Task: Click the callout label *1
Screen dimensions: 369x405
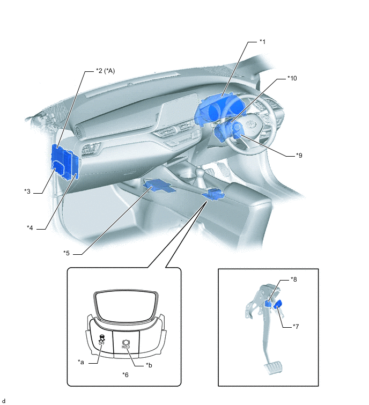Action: pyautogui.click(x=262, y=42)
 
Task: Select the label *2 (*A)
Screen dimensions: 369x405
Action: pyautogui.click(x=105, y=70)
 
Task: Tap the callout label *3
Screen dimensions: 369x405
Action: pyautogui.click(x=27, y=192)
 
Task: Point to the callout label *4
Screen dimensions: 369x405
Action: pyautogui.click(x=30, y=228)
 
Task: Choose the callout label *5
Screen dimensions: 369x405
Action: pyautogui.click(x=67, y=253)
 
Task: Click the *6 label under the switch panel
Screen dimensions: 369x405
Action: pyautogui.click(x=126, y=374)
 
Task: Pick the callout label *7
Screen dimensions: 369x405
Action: pyautogui.click(x=296, y=327)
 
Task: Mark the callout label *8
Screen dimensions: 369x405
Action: pyautogui.click(x=293, y=279)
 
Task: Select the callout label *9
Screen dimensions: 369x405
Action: pyautogui.click(x=299, y=155)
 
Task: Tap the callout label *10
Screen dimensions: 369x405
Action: pyautogui.click(x=292, y=78)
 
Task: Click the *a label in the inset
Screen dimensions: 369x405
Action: pyautogui.click(x=81, y=362)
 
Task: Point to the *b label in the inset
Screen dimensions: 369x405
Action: pyautogui.click(x=149, y=365)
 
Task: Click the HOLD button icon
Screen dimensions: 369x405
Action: pyautogui.click(x=126, y=344)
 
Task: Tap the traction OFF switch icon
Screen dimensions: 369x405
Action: pyautogui.click(x=102, y=340)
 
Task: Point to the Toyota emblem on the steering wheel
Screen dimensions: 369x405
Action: pyautogui.click(x=250, y=124)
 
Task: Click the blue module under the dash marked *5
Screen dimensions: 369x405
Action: pyautogui.click(x=159, y=187)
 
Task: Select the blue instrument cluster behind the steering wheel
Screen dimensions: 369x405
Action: pyautogui.click(x=219, y=107)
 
